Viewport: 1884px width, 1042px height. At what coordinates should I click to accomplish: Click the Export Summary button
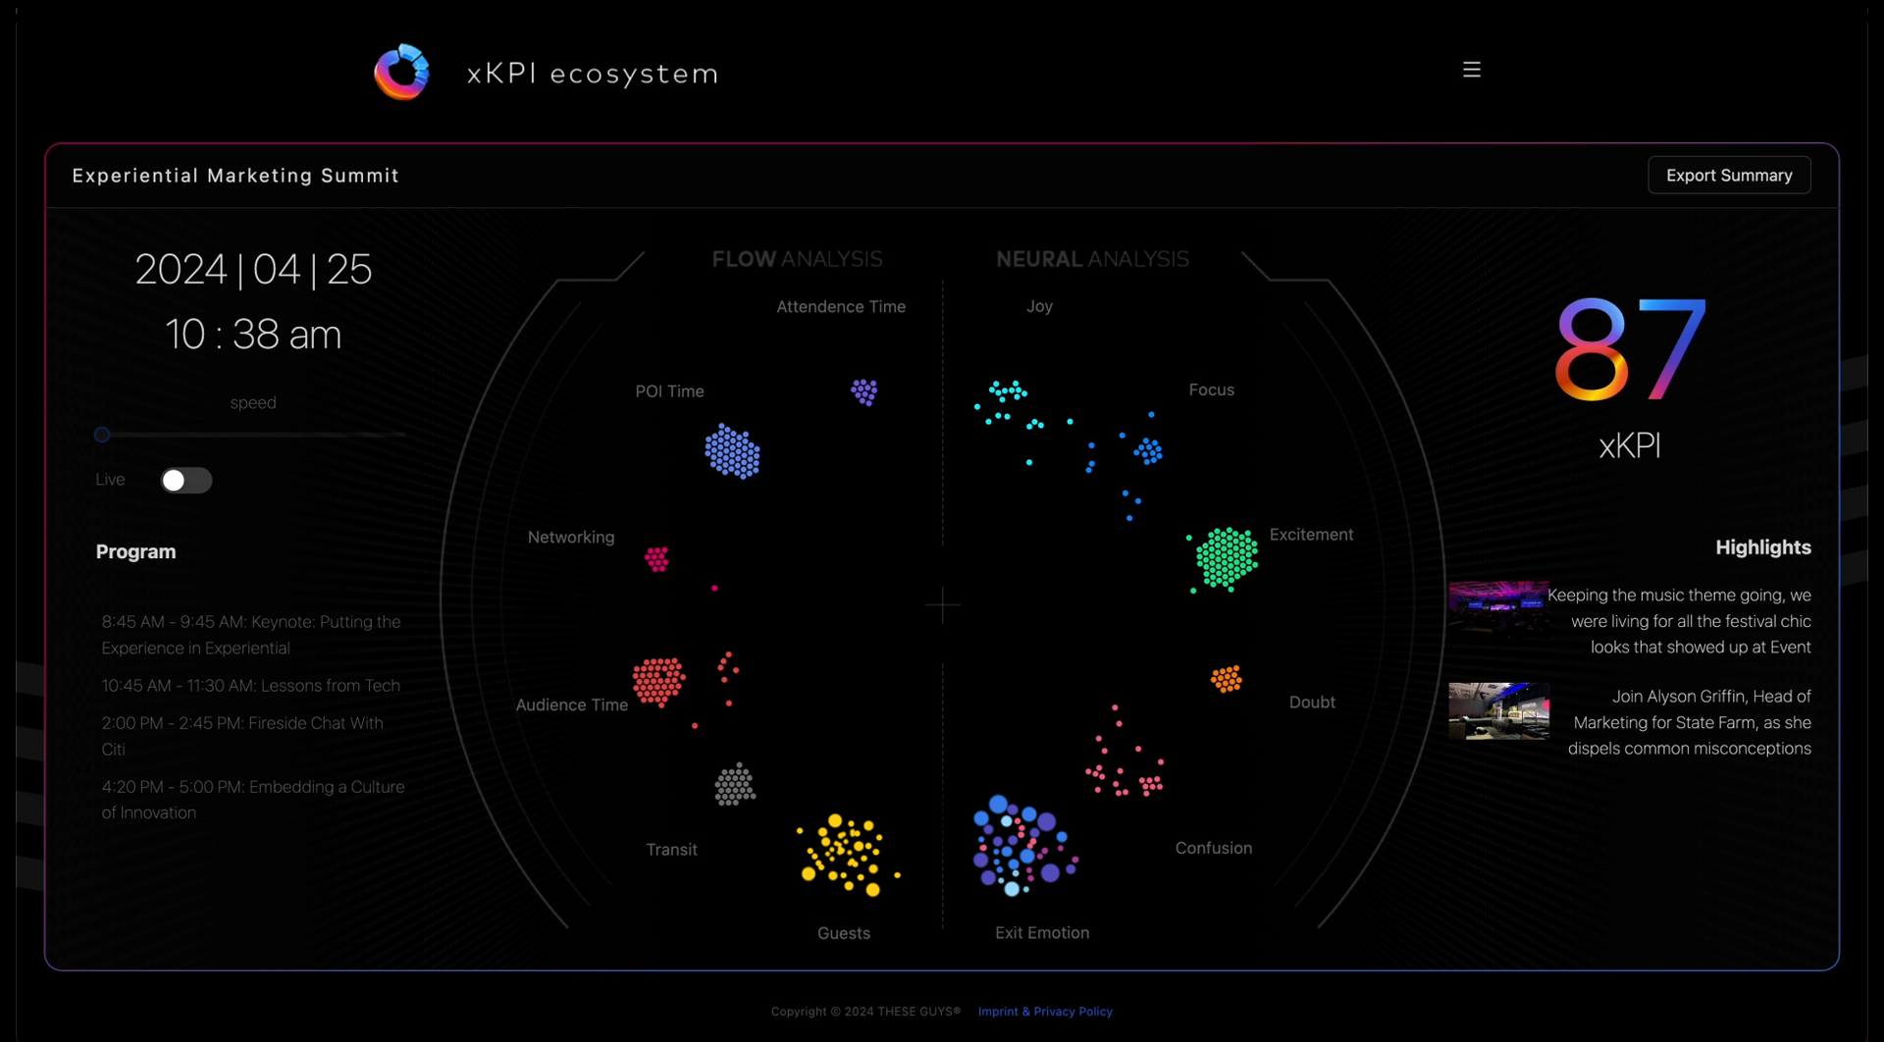[x=1729, y=176]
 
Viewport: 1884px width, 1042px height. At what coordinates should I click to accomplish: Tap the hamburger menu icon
[x=1471, y=70]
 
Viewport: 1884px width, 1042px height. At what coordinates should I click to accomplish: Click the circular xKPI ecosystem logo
[x=402, y=73]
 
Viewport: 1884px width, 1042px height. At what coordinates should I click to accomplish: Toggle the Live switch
[x=186, y=480]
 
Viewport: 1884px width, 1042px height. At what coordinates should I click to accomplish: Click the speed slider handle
[x=102, y=435]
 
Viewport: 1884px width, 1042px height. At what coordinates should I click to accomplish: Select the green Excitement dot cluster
[x=1226, y=558]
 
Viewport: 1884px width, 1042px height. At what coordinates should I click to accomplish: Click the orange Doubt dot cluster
[x=1227, y=679]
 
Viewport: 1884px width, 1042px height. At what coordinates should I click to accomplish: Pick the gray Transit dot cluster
[x=735, y=785]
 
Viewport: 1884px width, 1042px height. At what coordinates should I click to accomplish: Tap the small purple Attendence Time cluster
[x=863, y=392]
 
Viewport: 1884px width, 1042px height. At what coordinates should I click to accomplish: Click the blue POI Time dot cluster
[x=732, y=451]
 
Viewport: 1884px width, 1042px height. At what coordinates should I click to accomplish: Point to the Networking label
[x=571, y=538]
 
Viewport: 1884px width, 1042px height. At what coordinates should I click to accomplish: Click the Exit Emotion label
[x=1042, y=933]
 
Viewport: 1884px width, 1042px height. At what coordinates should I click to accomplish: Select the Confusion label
[x=1214, y=849]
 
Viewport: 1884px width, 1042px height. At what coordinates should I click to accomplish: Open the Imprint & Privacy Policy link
[x=1045, y=1012]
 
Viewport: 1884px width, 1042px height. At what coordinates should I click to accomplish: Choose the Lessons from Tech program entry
[x=251, y=686]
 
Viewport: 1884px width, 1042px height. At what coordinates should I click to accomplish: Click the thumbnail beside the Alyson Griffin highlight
[x=1498, y=711]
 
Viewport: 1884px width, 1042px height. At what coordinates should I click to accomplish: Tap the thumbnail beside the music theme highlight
[x=1498, y=608]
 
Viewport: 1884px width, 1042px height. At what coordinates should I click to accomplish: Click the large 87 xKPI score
[x=1630, y=350]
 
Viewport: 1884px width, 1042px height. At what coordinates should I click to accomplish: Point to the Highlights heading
[x=1762, y=547]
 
